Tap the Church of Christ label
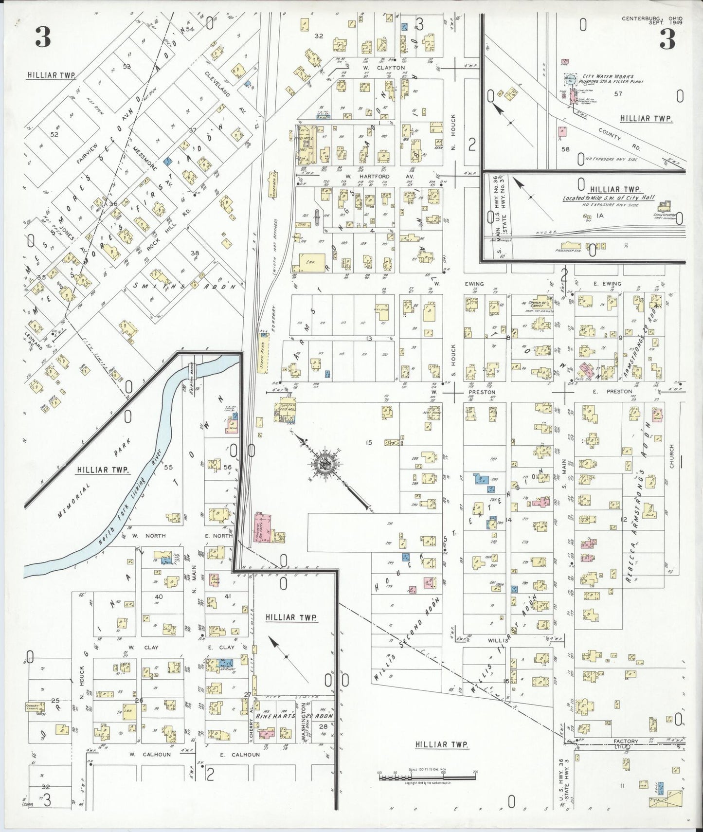540,304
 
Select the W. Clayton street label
385,68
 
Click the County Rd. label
610,134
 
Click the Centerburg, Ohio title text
651,19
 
